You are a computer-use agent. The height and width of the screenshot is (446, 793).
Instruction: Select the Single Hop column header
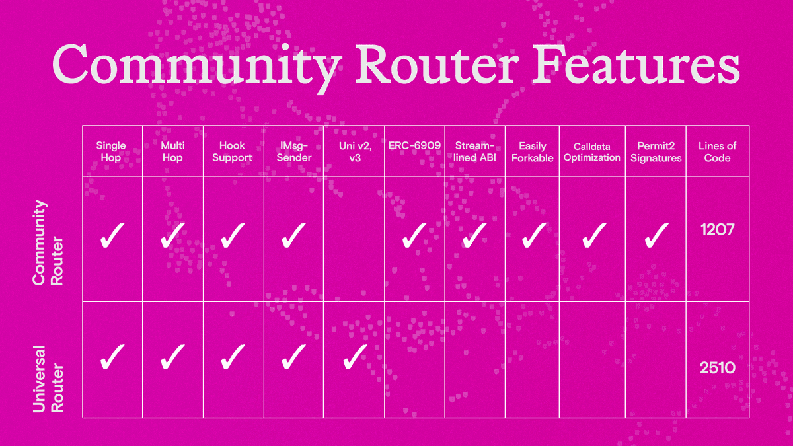tap(111, 152)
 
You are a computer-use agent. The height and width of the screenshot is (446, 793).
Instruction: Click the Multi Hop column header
tap(172, 152)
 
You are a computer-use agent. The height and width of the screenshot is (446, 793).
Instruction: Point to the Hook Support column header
tap(233, 152)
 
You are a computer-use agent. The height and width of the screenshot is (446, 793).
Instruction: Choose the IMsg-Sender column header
tap(293, 152)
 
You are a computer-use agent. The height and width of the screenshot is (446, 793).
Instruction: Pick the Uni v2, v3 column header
tap(354, 152)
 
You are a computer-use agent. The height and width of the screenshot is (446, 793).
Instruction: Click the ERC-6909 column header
tap(414, 146)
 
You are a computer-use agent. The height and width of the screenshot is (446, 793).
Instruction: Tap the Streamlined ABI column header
tap(475, 152)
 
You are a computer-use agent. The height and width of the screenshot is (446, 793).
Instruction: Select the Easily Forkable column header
tap(533, 152)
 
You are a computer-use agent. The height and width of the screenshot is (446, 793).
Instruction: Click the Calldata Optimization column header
tap(592, 152)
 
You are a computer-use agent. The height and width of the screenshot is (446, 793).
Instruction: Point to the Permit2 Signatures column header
tap(656, 152)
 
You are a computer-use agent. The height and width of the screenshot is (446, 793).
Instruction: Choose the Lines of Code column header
tap(717, 152)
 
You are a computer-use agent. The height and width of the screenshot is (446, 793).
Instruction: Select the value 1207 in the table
tap(717, 231)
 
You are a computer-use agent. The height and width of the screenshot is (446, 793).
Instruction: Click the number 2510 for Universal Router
tap(717, 367)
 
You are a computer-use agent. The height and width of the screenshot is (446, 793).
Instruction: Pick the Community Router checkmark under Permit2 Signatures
tap(656, 235)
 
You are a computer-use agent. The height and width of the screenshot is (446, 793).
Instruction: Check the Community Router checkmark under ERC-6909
tap(415, 235)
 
